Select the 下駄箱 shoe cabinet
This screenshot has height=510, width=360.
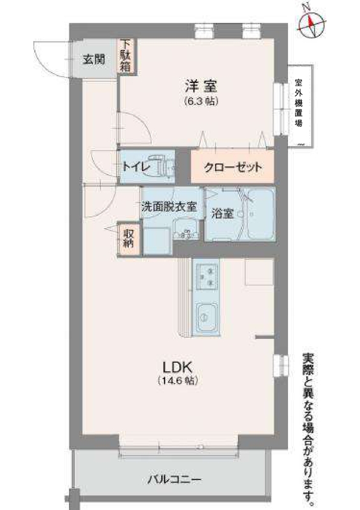point(127,55)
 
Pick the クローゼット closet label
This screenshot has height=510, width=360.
point(233,168)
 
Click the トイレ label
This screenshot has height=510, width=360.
point(136,168)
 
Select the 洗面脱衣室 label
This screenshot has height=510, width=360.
point(169,207)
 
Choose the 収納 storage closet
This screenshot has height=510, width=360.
point(128,238)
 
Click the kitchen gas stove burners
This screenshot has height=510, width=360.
point(207,275)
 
